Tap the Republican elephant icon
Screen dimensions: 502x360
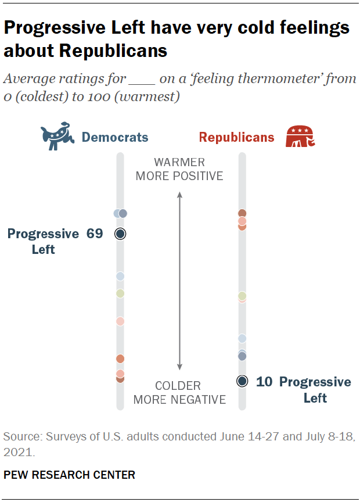tap(300, 137)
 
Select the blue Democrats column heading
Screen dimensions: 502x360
tap(115, 138)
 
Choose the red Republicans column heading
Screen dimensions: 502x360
tap(236, 138)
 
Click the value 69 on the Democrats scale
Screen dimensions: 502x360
tap(94, 234)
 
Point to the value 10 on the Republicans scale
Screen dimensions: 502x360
tap(264, 382)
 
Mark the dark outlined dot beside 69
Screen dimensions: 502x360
tap(120, 234)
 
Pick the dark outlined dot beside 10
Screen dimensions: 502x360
tap(242, 381)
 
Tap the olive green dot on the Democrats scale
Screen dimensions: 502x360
tap(120, 293)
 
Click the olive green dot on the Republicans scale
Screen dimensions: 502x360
tap(242, 296)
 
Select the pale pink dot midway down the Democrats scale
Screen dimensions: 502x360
tap(120, 321)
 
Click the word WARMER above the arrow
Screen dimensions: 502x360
tap(179, 163)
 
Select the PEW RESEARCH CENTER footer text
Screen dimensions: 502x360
tap(70, 475)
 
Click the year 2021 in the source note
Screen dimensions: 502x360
tap(17, 451)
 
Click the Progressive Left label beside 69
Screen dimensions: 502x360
tap(43, 241)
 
